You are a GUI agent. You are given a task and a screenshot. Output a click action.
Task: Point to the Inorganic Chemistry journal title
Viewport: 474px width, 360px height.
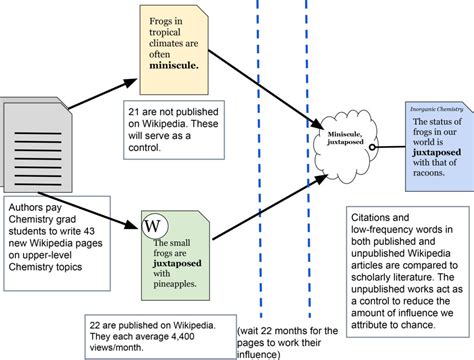click(433, 108)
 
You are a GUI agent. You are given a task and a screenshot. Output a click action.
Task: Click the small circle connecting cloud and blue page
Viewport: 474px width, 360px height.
click(371, 147)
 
